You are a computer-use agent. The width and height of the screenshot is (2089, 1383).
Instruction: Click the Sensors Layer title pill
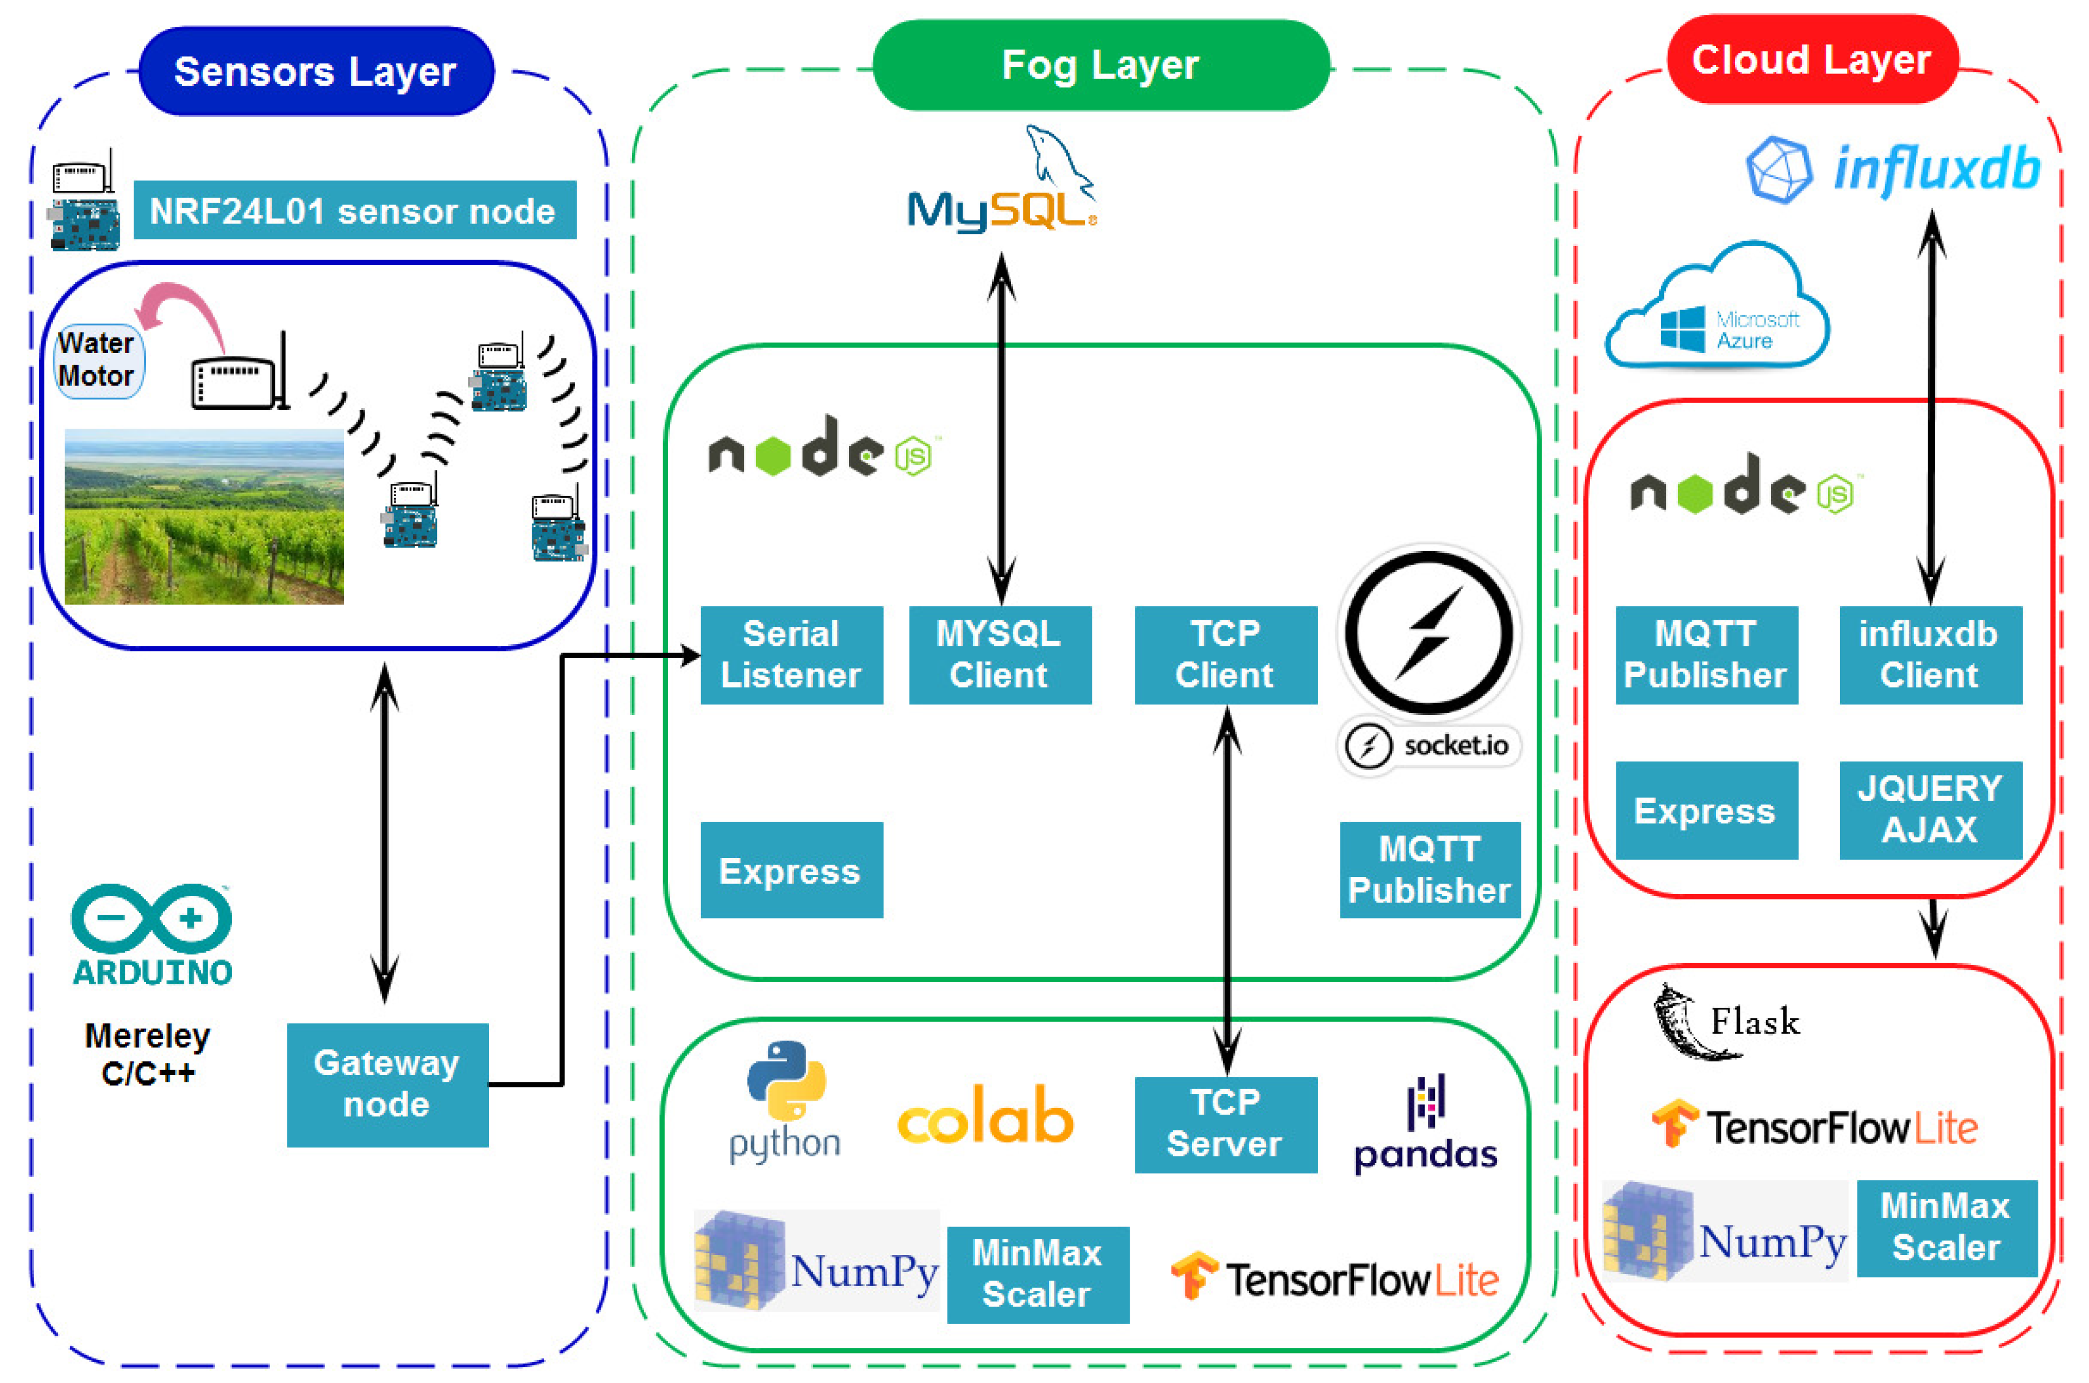tap(316, 71)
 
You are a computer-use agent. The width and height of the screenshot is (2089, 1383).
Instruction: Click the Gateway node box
tap(387, 1084)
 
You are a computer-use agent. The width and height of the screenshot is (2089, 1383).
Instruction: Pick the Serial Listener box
tap(791, 654)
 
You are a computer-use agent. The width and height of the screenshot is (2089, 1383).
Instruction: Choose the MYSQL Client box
tap(999, 654)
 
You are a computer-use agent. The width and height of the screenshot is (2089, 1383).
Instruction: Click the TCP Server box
tap(1225, 1124)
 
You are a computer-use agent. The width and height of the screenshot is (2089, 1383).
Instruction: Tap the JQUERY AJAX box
tap(1929, 810)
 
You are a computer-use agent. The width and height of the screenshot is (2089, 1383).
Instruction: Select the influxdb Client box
tap(1929, 654)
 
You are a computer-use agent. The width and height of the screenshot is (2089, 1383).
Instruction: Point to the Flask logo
tap(1724, 1021)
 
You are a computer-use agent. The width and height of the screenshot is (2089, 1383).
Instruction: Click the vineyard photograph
tap(204, 516)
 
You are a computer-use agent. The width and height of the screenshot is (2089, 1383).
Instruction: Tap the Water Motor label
tap(97, 360)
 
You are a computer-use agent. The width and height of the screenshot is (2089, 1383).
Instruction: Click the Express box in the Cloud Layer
tap(1705, 810)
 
